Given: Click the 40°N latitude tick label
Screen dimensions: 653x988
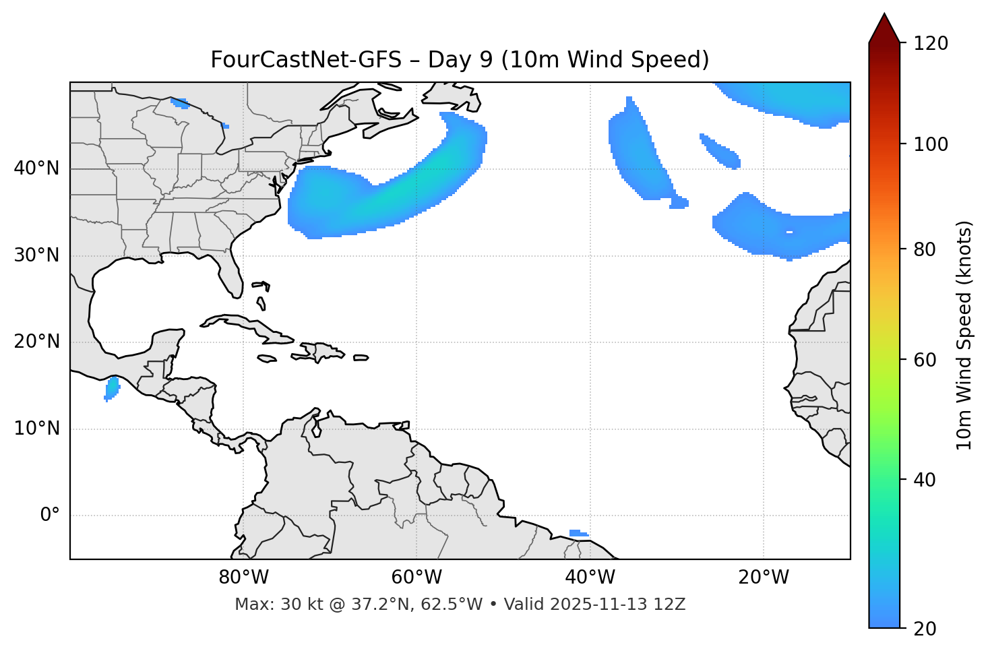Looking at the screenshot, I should pos(36,168).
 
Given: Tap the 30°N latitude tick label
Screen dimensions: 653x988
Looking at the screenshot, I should pos(36,255).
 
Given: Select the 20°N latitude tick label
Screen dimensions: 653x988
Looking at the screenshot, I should pos(36,342).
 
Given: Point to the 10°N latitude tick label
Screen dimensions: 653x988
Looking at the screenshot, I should pos(36,429).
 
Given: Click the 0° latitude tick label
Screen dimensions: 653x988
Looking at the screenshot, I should pos(49,516).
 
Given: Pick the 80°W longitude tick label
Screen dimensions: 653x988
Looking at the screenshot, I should pos(243,578).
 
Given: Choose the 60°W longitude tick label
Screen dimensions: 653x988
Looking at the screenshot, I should pos(416,578).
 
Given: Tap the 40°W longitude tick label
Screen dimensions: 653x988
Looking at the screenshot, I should pos(590,578).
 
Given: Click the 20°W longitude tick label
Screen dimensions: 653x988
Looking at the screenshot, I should pos(763,578).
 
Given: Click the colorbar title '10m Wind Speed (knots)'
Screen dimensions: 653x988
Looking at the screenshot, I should pos(964,335).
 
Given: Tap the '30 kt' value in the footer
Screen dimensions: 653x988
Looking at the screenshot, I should pos(295,604).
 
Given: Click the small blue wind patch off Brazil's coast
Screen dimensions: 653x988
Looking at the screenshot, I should pos(578,533).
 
